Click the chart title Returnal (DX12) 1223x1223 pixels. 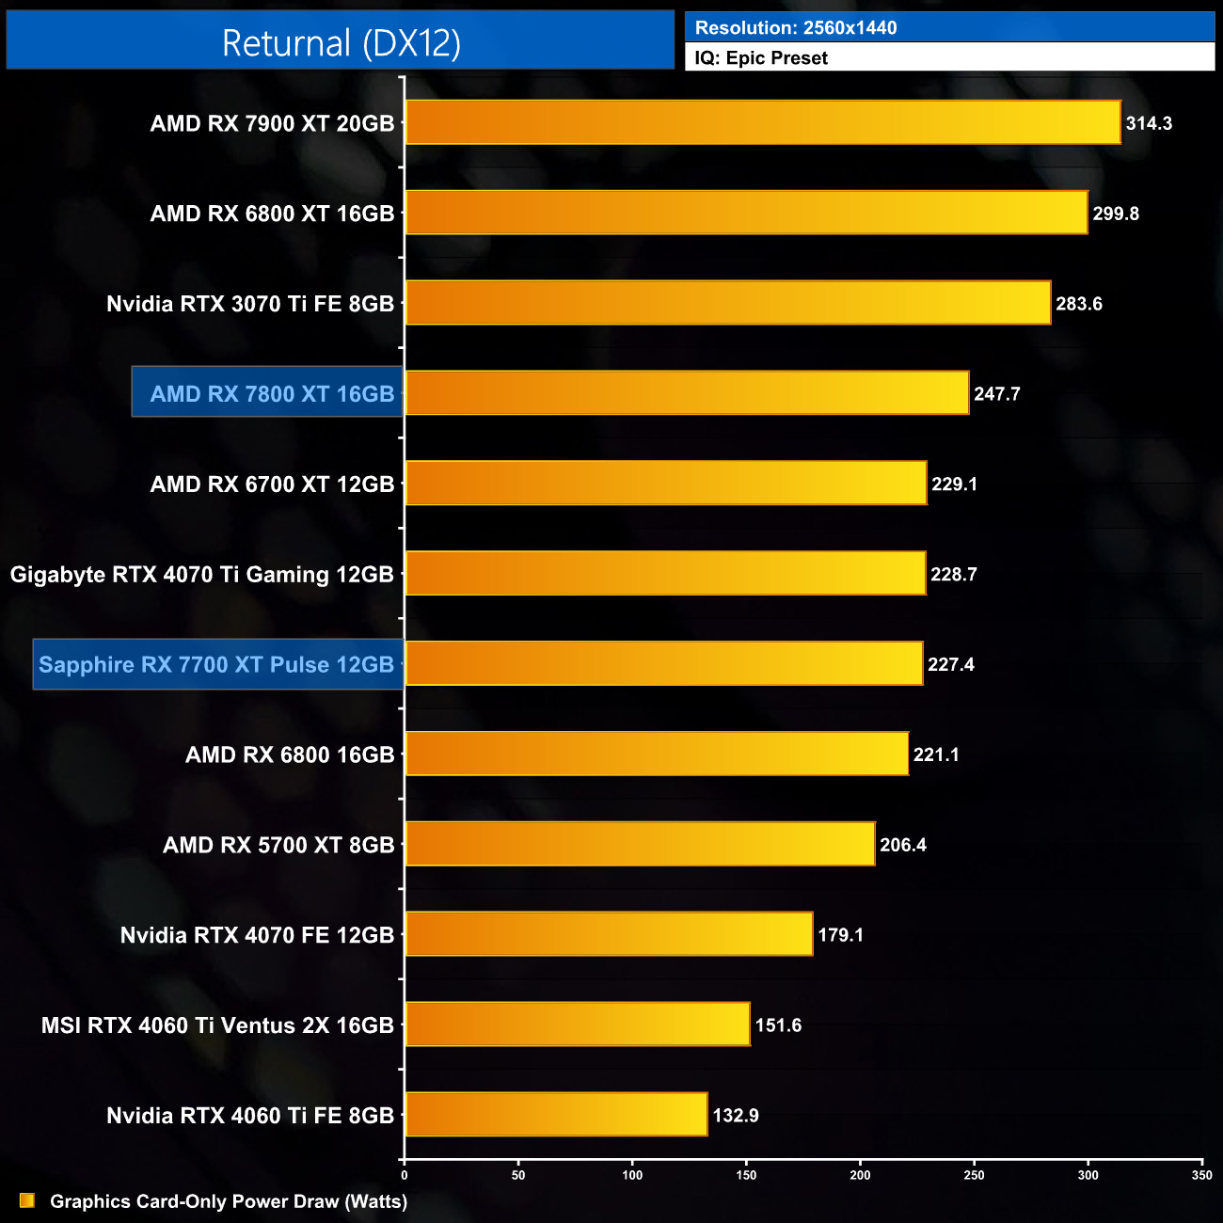pyautogui.click(x=341, y=43)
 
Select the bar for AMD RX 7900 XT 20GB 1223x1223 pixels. pyautogui.click(x=763, y=122)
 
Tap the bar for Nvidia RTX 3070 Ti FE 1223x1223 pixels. pyautogui.click(x=728, y=303)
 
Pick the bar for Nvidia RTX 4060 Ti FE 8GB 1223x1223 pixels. pyautogui.click(x=556, y=1115)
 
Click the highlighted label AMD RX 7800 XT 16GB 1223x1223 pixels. pyautogui.click(x=272, y=393)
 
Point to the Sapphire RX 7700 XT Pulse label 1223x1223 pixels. pyautogui.click(x=216, y=664)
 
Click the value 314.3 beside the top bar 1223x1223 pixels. pyautogui.click(x=1149, y=123)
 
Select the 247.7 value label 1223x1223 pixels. pyautogui.click(x=996, y=394)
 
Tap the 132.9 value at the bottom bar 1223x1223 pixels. pyautogui.click(x=736, y=1116)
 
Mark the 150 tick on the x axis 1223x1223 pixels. pyautogui.click(x=746, y=1175)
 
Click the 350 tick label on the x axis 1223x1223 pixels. pyautogui.click(x=1201, y=1175)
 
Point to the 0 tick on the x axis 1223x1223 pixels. pyautogui.click(x=405, y=1175)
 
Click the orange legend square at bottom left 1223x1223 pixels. pyautogui.click(x=27, y=1200)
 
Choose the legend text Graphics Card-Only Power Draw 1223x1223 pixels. pyautogui.click(x=229, y=1201)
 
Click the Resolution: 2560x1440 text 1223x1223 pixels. pyautogui.click(x=796, y=27)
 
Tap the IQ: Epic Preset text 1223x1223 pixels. pyautogui.click(x=761, y=58)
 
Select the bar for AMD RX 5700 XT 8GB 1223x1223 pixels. pyautogui.click(x=640, y=844)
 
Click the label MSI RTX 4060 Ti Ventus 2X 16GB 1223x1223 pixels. pyautogui.click(x=217, y=1025)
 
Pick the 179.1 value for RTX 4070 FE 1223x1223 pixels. pyautogui.click(x=840, y=935)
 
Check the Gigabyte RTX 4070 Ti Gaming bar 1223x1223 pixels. pyautogui.click(x=665, y=574)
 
